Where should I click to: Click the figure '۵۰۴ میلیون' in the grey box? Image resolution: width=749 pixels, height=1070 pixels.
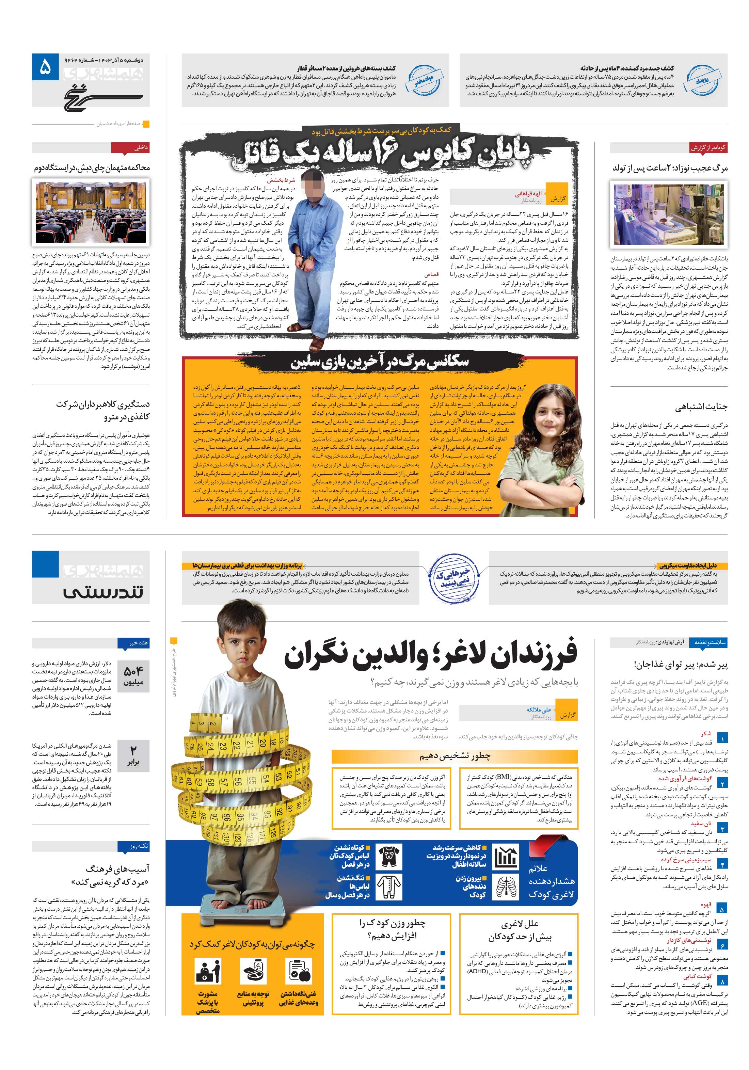click(133, 676)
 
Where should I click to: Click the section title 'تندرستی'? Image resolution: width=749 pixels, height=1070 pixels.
click(103, 592)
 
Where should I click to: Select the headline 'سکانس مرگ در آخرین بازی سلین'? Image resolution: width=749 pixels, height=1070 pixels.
click(379, 362)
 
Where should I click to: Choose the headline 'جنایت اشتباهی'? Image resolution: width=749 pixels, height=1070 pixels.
click(701, 407)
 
